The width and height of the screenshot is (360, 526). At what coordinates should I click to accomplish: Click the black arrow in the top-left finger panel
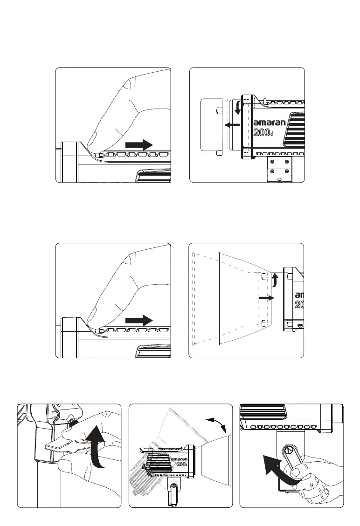coord(139,144)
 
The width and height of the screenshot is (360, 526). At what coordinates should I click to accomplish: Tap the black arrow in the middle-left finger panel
coord(139,320)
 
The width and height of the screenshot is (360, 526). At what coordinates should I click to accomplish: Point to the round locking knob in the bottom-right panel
coord(288,451)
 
